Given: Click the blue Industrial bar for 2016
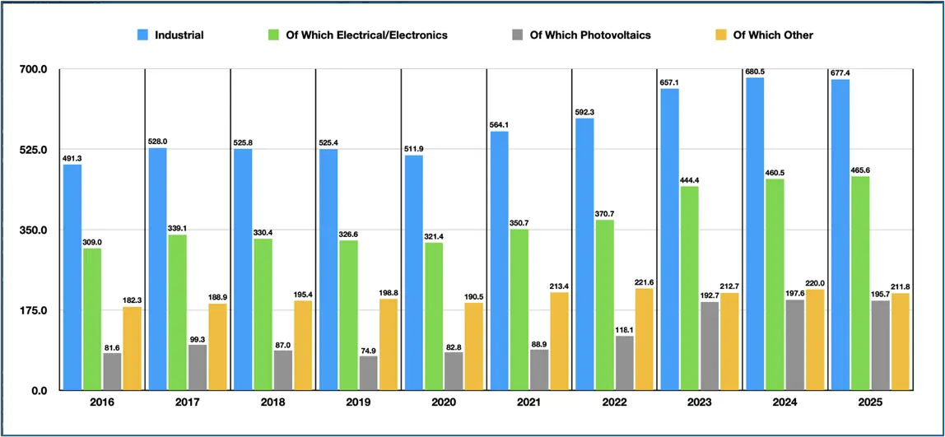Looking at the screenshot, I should [x=72, y=277].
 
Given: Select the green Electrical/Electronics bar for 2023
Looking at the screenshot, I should [x=689, y=287].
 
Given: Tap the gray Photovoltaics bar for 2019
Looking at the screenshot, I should [x=369, y=372].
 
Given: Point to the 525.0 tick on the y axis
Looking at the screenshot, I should [x=34, y=150].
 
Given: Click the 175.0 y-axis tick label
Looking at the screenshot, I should [x=34, y=310].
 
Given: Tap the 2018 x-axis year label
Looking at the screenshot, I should [x=273, y=403].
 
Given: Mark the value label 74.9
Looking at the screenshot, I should [x=369, y=350].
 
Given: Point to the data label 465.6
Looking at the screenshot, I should [x=860, y=170].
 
